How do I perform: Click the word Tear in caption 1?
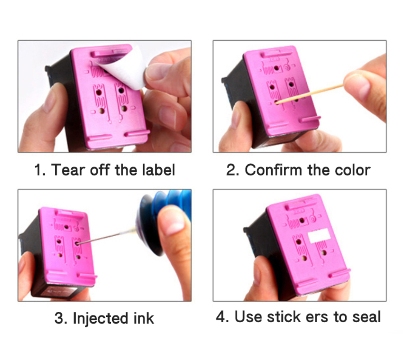pos(68,170)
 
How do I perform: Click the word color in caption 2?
pos(353,170)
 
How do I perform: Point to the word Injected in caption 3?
pos(101,318)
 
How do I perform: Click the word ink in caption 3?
pos(143,318)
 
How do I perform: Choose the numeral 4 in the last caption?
pos(220,317)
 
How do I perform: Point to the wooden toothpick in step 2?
pos(310,93)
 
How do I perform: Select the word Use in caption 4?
pos(249,317)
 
